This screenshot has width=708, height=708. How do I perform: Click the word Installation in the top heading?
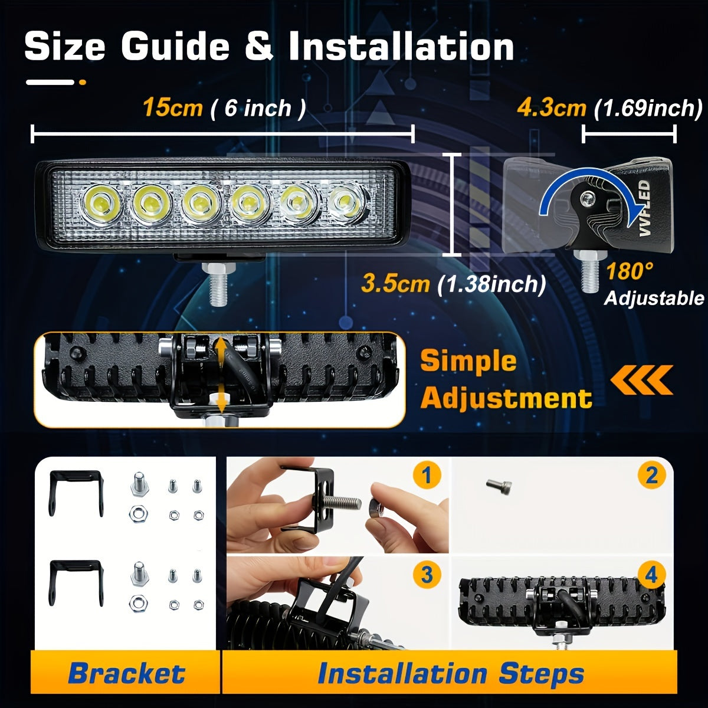click(x=401, y=47)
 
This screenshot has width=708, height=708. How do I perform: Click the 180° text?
click(x=630, y=271)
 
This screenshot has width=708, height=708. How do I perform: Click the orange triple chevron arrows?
click(x=641, y=379)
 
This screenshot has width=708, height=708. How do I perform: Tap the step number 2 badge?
click(x=651, y=475)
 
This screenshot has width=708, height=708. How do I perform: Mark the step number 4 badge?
click(x=651, y=575)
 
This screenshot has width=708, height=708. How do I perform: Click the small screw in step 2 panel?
click(x=499, y=486)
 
